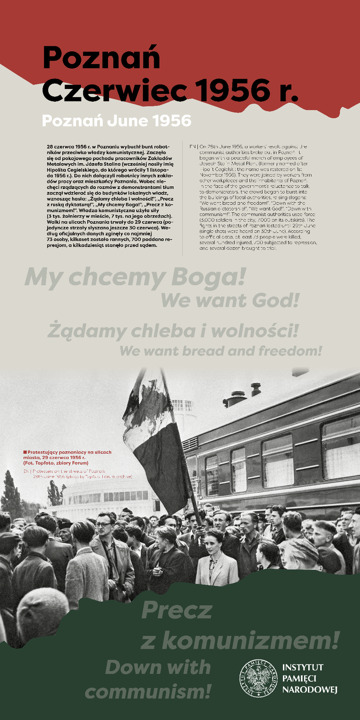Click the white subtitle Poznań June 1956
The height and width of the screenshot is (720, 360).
tap(117, 121)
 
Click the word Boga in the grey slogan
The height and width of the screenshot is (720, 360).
tap(208, 277)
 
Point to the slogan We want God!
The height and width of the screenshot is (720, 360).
tap(229, 300)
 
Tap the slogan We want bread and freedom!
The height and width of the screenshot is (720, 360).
tap(220, 351)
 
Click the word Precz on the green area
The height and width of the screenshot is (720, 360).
tap(176, 611)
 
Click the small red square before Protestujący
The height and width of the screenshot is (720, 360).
tap(25, 452)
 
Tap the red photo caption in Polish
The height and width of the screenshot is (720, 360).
tap(67, 457)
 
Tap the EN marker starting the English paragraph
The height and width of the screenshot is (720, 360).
tap(193, 147)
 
